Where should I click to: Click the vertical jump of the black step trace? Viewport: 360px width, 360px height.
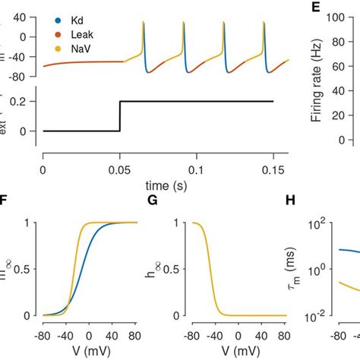click(x=120, y=115)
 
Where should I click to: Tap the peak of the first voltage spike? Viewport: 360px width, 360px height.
click(x=143, y=23)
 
